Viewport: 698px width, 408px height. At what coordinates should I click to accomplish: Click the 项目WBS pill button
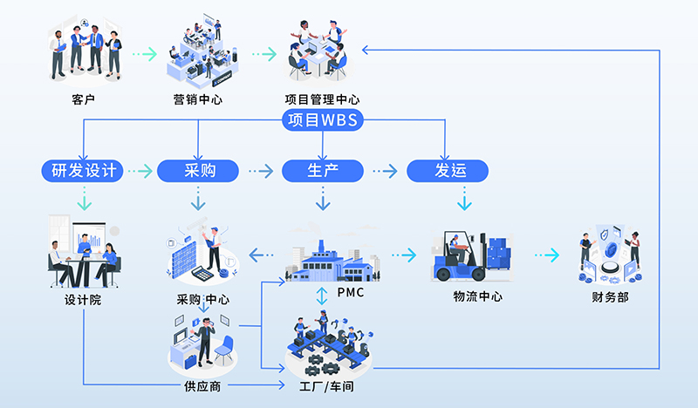(x=322, y=120)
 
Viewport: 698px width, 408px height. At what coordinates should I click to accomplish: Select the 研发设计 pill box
(x=84, y=170)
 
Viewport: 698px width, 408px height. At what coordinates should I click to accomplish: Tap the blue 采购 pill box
(x=199, y=170)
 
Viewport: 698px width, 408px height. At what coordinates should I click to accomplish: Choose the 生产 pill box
(x=323, y=170)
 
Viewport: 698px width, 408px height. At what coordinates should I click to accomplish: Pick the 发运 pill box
(x=448, y=170)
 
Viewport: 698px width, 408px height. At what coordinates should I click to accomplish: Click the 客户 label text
(x=84, y=99)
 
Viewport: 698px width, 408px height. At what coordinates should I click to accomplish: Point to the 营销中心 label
(x=198, y=99)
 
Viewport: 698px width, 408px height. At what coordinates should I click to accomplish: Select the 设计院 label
(x=84, y=298)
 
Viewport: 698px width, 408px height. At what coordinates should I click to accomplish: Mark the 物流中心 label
(x=477, y=296)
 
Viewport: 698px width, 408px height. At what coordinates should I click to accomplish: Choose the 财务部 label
(x=610, y=296)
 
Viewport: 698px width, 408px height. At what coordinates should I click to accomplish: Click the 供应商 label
(x=202, y=385)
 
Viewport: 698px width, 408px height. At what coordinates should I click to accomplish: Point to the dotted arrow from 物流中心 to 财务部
(x=547, y=255)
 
